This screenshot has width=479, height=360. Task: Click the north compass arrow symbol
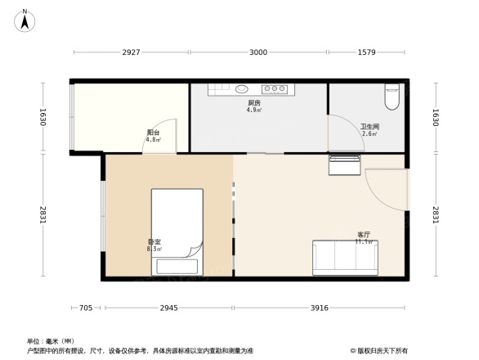click(25, 20)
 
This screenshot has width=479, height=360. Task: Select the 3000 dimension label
click(257, 52)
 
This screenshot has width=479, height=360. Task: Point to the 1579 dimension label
click(366, 52)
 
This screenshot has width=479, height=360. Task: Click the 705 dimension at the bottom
click(85, 308)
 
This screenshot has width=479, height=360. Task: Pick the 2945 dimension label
click(168, 308)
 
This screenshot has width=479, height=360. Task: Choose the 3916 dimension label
click(319, 308)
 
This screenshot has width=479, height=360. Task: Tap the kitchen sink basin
click(242, 89)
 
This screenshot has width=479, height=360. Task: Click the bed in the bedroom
click(177, 231)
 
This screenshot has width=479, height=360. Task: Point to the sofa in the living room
click(345, 258)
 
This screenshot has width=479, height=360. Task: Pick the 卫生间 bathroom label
click(369, 128)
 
